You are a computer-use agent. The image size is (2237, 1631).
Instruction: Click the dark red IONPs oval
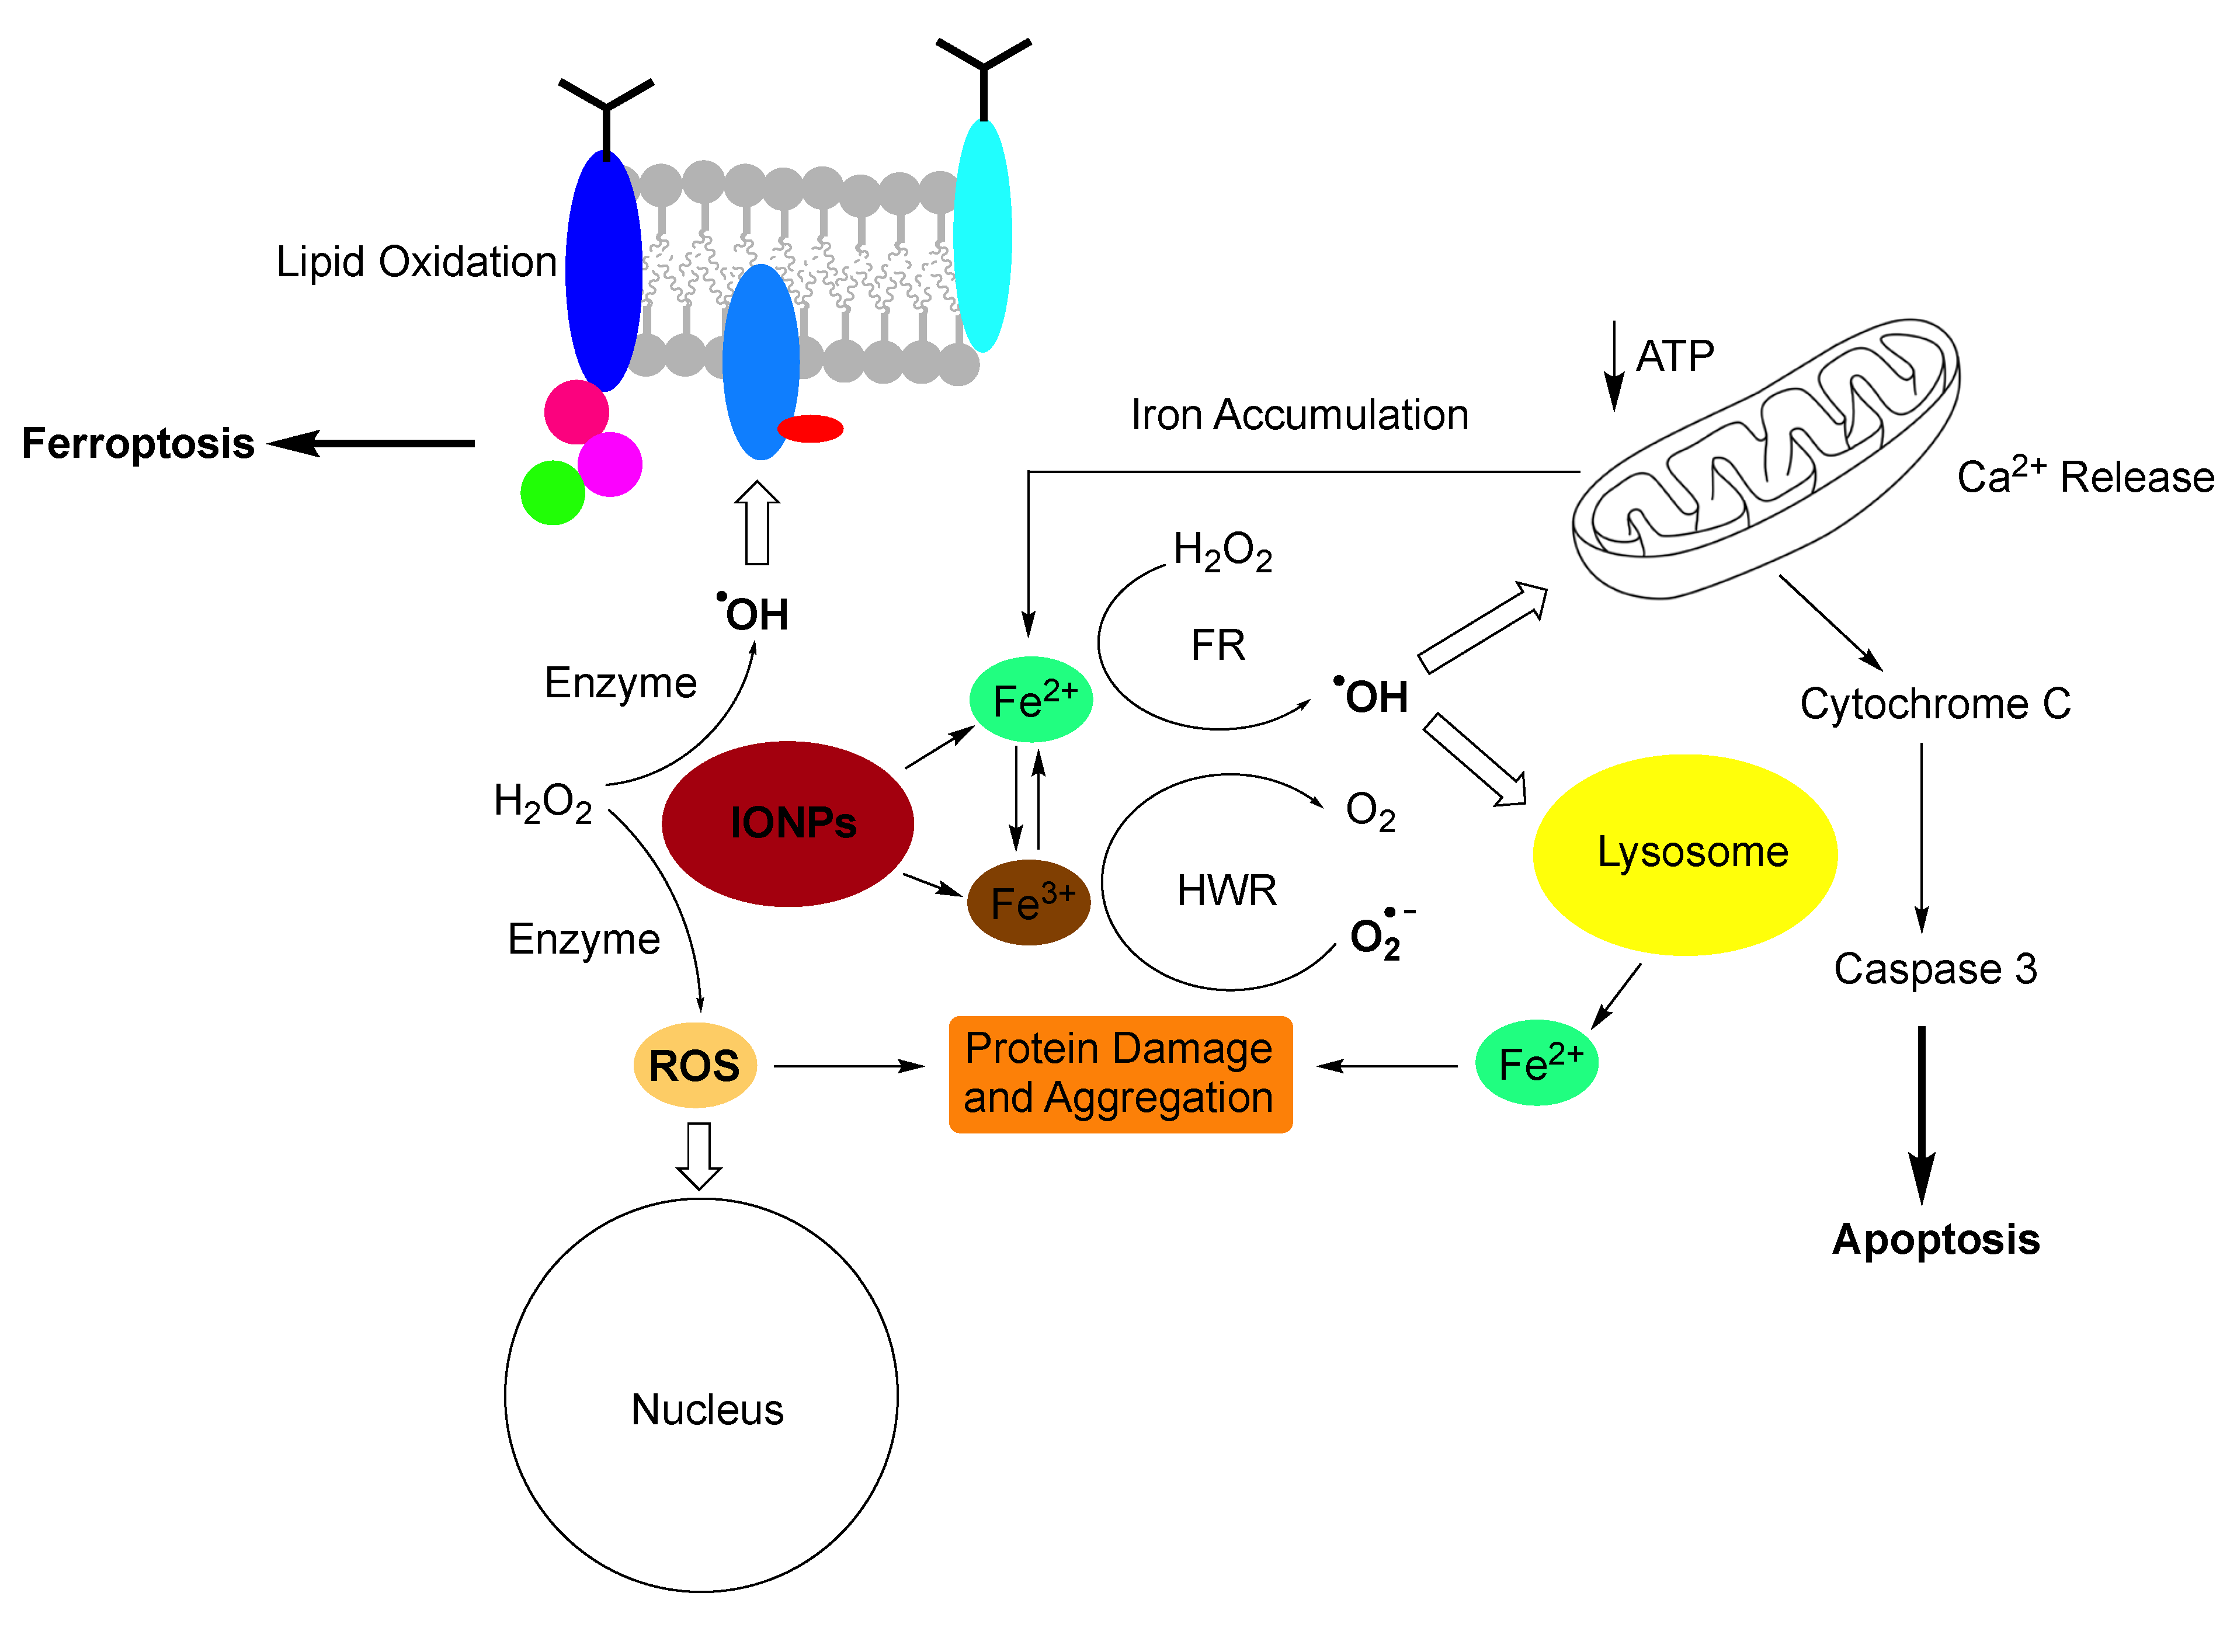(x=788, y=823)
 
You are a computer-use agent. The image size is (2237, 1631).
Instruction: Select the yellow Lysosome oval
(x=1685, y=854)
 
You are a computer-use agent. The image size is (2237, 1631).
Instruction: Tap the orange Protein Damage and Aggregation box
(x=1120, y=1074)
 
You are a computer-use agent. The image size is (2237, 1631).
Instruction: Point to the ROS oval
(x=695, y=1065)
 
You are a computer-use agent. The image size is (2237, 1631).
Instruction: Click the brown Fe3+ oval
(x=1029, y=902)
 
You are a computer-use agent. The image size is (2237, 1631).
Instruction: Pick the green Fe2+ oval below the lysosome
(x=1537, y=1062)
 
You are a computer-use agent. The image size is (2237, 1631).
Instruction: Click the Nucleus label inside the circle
(x=707, y=1409)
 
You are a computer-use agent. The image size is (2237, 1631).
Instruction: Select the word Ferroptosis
(x=138, y=443)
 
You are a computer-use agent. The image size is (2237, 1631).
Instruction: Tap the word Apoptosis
(x=1936, y=1240)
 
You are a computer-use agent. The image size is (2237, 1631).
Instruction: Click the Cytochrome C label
(x=1935, y=704)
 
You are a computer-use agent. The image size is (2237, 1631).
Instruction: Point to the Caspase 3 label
(x=1935, y=969)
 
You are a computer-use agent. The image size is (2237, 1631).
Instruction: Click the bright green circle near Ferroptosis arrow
(x=553, y=493)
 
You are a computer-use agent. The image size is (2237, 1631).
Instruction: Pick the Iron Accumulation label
(x=1299, y=415)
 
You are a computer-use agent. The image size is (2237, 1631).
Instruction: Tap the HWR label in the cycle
(x=1226, y=891)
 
